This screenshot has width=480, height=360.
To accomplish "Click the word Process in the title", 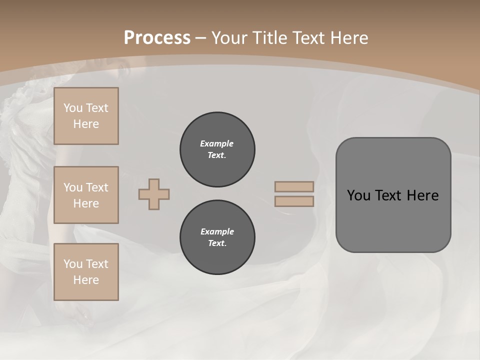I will pos(157,37).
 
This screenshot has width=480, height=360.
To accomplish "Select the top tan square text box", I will pos(86,116).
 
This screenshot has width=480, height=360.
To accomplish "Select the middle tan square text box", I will pos(86,195).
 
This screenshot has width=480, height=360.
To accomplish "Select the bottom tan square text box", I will pos(86,271).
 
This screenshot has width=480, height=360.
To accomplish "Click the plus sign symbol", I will pos(154,194).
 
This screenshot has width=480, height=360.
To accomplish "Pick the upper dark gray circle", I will pos(217,149).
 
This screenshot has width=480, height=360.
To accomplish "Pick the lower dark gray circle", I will pos(217,237).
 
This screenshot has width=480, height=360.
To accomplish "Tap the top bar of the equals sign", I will pos(294,186).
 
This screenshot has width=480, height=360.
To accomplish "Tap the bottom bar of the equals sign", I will pos(294,201).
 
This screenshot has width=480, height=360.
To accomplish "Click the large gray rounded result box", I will pos(393,194).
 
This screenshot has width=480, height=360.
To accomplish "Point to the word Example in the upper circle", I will pos(217,143).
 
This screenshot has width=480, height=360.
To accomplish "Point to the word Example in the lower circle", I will pos(217,231).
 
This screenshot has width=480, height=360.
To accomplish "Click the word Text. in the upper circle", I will pos(217,155).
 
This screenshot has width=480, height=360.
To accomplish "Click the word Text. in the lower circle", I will pos(217,243).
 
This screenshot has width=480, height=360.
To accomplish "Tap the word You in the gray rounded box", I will pos(358,195).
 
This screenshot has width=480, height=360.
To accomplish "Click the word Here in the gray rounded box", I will pos(422,195).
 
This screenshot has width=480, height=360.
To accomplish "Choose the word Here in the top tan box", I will pos(86,124).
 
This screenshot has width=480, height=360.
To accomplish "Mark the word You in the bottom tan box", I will pos(73,264).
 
